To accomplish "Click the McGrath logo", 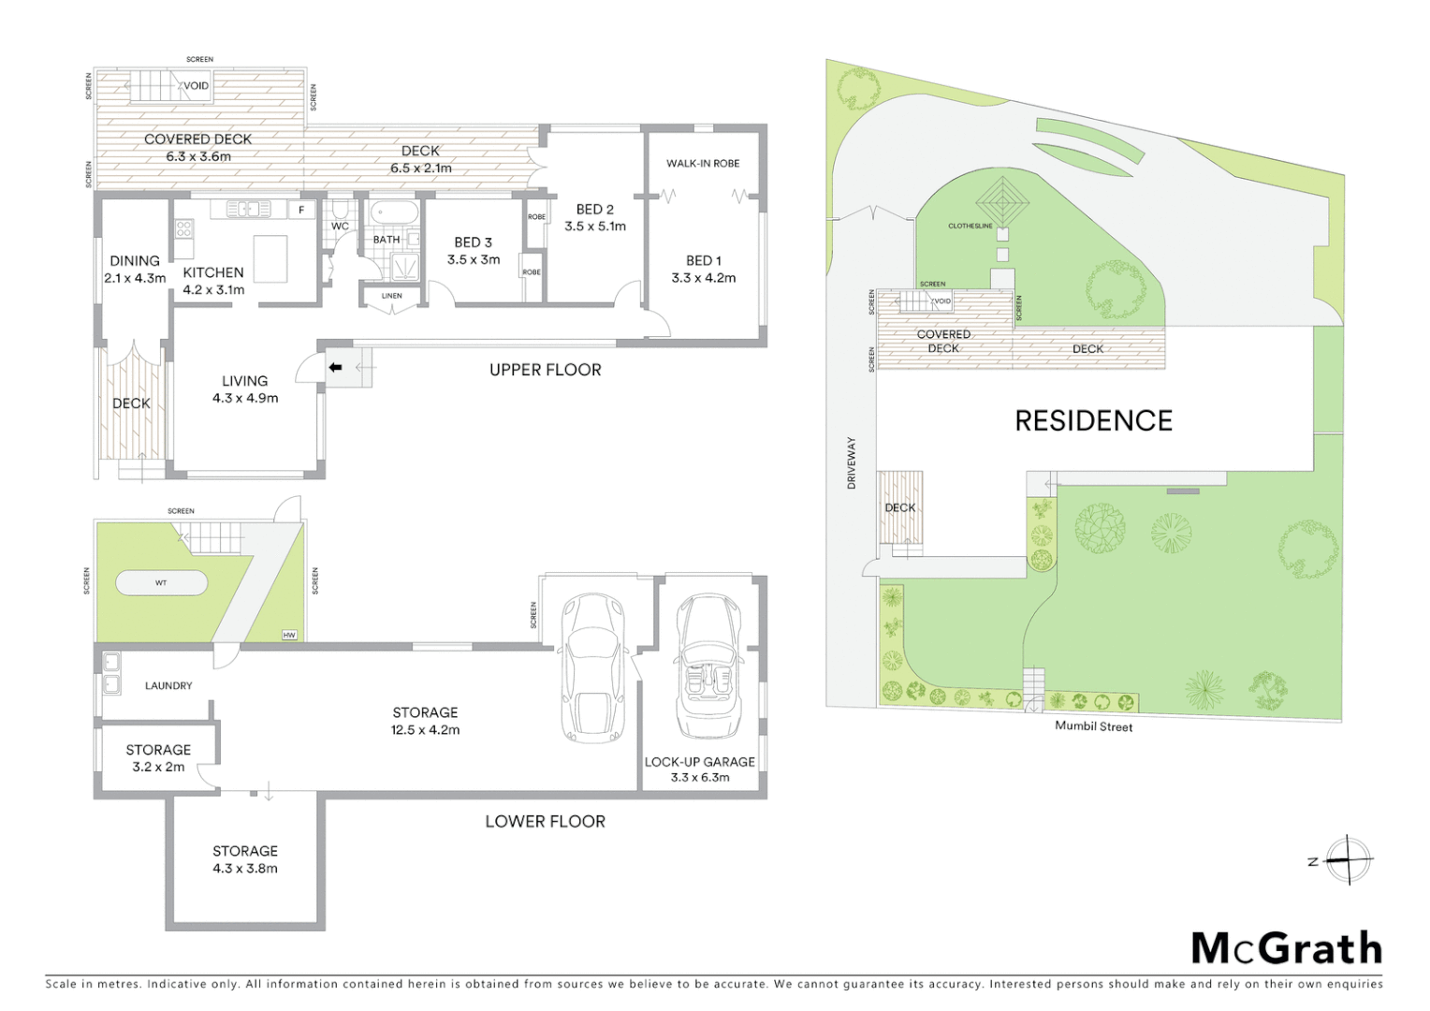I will click(x=1286, y=948).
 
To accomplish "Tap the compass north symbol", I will click(x=1347, y=859).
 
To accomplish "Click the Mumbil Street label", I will click(x=1093, y=726).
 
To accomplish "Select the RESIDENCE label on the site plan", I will click(x=1093, y=421).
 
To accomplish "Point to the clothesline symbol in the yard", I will click(x=1002, y=201).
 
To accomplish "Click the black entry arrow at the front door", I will click(x=335, y=368).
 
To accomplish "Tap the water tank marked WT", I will click(x=161, y=583).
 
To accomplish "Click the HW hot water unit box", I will click(x=289, y=636).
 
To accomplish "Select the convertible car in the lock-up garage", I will click(x=708, y=667).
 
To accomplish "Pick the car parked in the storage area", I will click(x=591, y=668).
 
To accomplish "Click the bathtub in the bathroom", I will click(x=393, y=213).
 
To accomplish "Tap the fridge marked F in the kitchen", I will click(x=301, y=210).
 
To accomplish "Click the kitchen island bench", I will click(x=270, y=258).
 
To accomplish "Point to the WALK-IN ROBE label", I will click(x=703, y=164).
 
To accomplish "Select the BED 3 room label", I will click(x=474, y=242).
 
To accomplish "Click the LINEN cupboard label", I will click(x=391, y=296).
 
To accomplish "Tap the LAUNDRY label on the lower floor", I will click(x=168, y=686).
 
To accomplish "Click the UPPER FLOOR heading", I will click(x=545, y=370).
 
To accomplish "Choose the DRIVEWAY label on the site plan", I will click(x=852, y=462).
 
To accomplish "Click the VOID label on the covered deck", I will click(x=197, y=86).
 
